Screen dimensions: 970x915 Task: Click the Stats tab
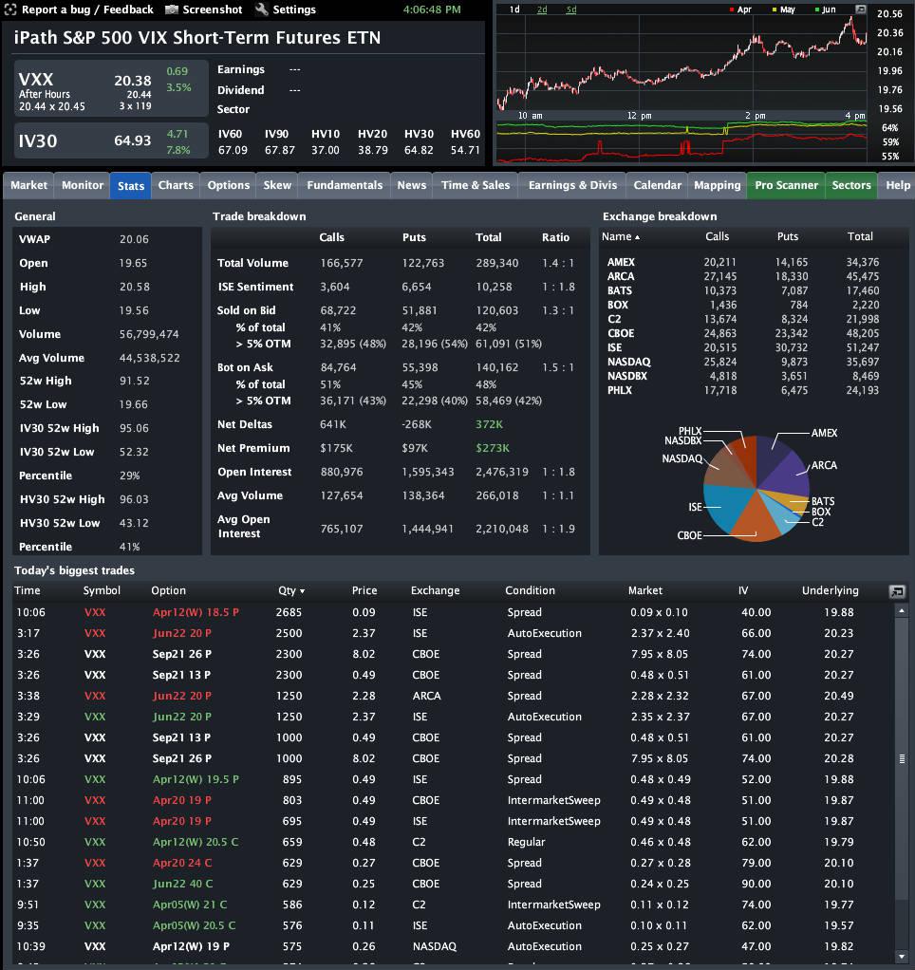click(131, 186)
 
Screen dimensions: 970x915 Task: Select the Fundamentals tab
click(345, 185)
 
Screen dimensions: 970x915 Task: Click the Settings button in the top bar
click(286, 9)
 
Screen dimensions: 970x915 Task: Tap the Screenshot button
click(204, 9)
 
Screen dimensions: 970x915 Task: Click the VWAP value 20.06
click(134, 240)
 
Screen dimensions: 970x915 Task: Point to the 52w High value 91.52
click(134, 382)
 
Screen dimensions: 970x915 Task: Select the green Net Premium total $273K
click(492, 448)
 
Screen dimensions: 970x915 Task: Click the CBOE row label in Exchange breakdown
click(621, 333)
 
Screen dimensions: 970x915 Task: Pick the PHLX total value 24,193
click(861, 390)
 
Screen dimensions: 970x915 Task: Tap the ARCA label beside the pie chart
click(824, 466)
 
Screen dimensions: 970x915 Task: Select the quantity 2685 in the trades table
click(288, 612)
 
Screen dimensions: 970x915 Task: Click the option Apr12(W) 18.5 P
click(195, 612)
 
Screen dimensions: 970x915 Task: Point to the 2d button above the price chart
click(542, 9)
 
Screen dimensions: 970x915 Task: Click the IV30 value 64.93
click(133, 140)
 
